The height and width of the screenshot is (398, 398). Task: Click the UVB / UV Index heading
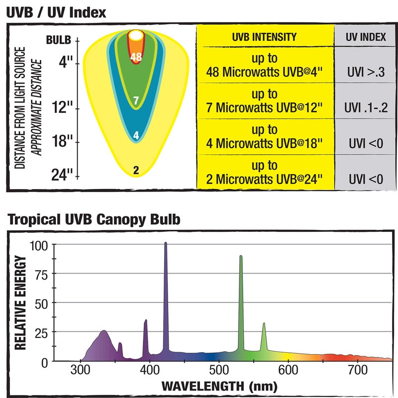(x=56, y=12)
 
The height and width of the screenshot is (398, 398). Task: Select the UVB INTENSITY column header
(x=264, y=37)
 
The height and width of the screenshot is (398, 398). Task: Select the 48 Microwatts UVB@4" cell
(x=264, y=65)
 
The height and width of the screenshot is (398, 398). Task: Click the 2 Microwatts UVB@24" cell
(x=264, y=172)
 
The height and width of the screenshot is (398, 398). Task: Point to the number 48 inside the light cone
(x=136, y=57)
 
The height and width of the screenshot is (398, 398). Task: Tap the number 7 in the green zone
(x=136, y=100)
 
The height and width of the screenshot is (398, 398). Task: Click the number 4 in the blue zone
(x=136, y=135)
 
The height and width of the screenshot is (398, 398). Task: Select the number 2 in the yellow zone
(x=136, y=171)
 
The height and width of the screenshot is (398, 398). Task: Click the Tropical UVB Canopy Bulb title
(x=93, y=219)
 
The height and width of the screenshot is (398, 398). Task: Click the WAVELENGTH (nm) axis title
(x=219, y=386)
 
